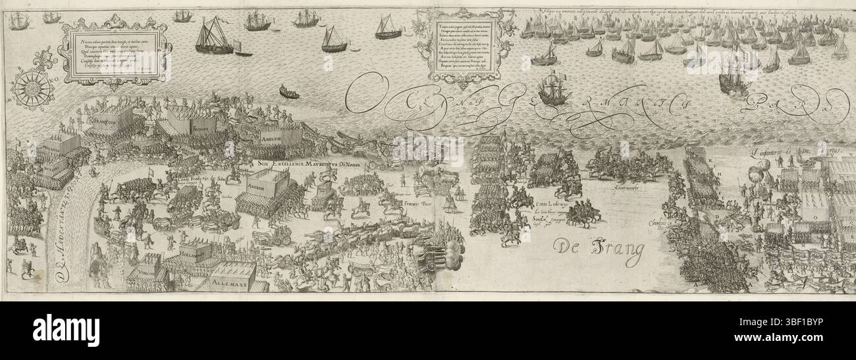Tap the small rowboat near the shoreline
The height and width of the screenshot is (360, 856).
click(288, 91)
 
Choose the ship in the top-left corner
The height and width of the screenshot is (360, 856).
click(18, 22)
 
